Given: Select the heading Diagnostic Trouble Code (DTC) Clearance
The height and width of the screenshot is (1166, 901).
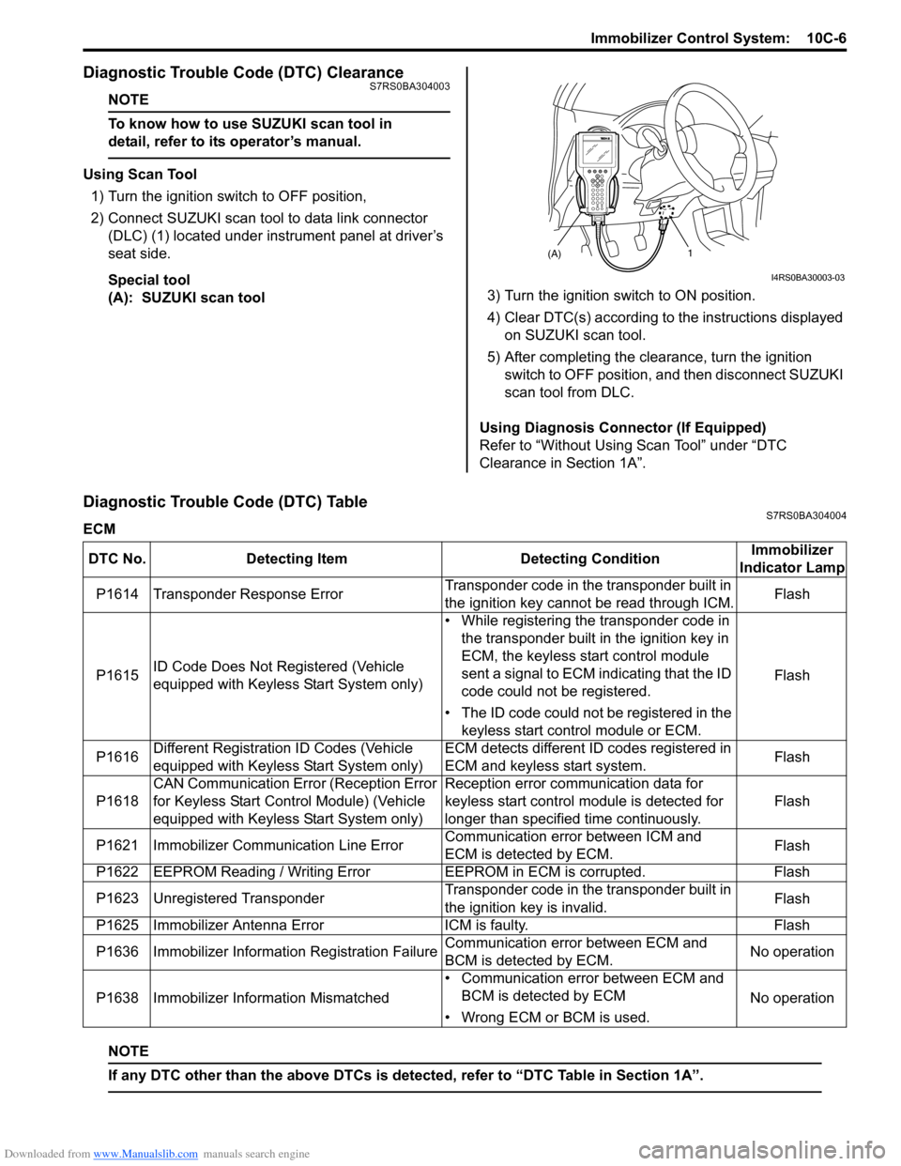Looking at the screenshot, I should pyautogui.click(x=243, y=72).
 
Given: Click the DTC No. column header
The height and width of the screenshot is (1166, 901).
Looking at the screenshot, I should pyautogui.click(x=117, y=559).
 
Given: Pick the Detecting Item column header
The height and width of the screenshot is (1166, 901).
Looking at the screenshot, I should pyautogui.click(x=297, y=559).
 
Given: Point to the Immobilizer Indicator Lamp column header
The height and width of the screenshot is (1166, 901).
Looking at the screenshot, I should pyautogui.click(x=791, y=559).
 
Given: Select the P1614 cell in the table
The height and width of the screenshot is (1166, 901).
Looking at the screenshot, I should pyautogui.click(x=117, y=594).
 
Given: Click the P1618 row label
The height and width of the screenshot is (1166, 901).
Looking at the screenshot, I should pyautogui.click(x=117, y=802).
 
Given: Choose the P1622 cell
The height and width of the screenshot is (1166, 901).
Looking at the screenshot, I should pyautogui.click(x=117, y=872).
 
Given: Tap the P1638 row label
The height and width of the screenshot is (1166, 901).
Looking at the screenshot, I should pyautogui.click(x=117, y=998).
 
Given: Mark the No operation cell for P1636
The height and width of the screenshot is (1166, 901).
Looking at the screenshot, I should pyautogui.click(x=791, y=952).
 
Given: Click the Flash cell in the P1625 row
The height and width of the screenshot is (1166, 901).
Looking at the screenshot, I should pyautogui.click(x=791, y=926).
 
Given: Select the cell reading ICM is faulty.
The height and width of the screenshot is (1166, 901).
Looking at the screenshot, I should pyautogui.click(x=486, y=926).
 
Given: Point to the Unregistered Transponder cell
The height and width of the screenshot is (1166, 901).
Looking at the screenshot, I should pyautogui.click(x=239, y=898).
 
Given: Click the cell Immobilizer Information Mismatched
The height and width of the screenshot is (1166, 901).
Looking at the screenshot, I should pyautogui.click(x=270, y=998).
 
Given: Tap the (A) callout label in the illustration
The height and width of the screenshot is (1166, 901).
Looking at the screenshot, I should pyautogui.click(x=555, y=253).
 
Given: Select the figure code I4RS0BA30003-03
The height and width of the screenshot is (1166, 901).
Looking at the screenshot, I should pyautogui.click(x=807, y=278).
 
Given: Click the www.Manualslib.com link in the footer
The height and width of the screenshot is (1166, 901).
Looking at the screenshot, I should pyautogui.click(x=145, y=1154).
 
